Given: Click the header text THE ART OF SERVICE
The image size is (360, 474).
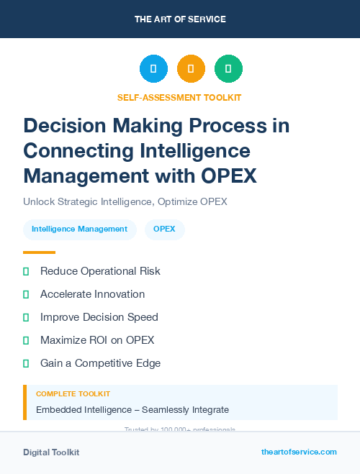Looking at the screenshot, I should pos(180,19).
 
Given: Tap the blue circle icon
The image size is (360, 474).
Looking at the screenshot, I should pos(153,69).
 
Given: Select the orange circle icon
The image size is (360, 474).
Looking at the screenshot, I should pos(191,69).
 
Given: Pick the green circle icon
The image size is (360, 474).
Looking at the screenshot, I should pos(228,69).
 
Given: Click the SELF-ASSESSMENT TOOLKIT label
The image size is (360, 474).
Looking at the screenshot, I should pos(179,97).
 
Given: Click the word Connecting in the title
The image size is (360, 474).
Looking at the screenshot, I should pos(77,150).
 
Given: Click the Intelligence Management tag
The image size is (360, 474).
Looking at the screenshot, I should pos(79,229).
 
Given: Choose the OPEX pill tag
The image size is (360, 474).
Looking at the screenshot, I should pos(164,229).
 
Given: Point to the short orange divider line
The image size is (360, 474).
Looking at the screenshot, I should pos(39,252).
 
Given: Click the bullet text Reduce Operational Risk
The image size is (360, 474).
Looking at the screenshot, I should pos(100,271).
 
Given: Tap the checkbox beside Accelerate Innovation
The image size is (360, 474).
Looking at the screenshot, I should pos(26,294).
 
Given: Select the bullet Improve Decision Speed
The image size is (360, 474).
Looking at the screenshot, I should pos(99,317).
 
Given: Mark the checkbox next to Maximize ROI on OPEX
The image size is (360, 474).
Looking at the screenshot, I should pos(26,340).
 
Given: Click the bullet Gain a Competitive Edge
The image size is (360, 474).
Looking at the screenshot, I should pos(100,363).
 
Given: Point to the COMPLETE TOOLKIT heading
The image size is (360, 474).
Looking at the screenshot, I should pos(73,394).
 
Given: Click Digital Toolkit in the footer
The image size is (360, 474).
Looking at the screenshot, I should pos(51,452).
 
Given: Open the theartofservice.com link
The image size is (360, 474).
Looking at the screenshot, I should pos(299,452).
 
